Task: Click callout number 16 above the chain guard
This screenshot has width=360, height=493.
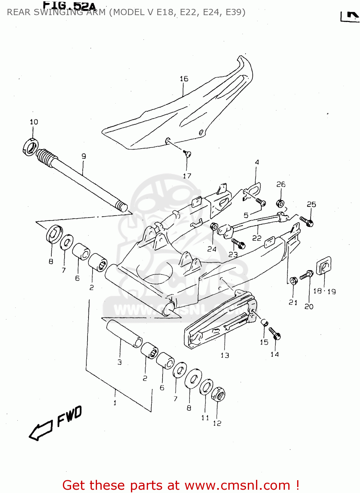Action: pyautogui.click(x=184, y=79)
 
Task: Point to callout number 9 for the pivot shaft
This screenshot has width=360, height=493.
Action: pyautogui.click(x=84, y=156)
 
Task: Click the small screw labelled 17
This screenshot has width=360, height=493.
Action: pyautogui.click(x=188, y=153)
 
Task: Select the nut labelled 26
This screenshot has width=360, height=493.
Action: pyautogui.click(x=280, y=203)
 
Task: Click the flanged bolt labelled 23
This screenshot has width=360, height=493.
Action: pyautogui.click(x=238, y=244)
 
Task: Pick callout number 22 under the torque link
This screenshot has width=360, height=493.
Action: pyautogui.click(x=257, y=238)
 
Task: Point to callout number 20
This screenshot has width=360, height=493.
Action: pyautogui.click(x=309, y=307)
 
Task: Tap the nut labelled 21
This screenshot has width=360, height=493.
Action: pyautogui.click(x=293, y=281)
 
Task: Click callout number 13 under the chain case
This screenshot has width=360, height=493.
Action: pyautogui.click(x=225, y=355)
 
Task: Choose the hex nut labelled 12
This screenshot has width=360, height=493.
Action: pyautogui.click(x=218, y=394)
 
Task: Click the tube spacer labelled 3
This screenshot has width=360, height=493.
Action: pyautogui.click(x=124, y=334)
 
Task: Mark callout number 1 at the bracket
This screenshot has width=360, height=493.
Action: pyautogui.click(x=115, y=403)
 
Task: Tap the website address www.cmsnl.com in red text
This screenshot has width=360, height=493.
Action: pyautogui.click(x=237, y=485)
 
